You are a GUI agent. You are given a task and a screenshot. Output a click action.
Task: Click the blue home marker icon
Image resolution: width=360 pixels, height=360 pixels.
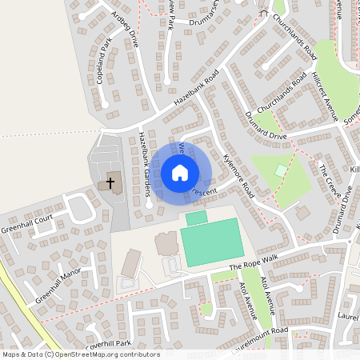point(180,172)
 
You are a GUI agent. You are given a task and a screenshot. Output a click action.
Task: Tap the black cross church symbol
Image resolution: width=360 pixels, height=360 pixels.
point(110,183)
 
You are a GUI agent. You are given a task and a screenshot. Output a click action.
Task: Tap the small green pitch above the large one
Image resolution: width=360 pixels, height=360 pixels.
point(196,218)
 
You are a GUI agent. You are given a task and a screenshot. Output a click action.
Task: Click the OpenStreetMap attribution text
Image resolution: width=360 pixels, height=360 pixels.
point(81,354)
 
